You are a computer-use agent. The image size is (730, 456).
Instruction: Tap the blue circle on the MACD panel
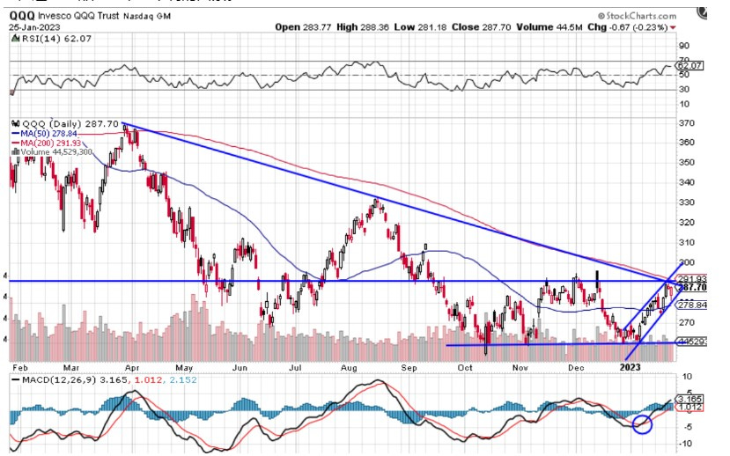(641, 423)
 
